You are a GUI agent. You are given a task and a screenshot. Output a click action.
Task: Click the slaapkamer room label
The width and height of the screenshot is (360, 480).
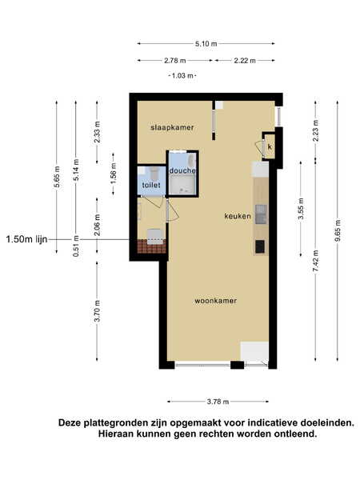point(172,127)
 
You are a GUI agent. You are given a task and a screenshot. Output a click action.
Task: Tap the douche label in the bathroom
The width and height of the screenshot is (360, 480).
point(182,170)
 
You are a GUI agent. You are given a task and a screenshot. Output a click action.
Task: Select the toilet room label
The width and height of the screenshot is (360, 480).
point(151,185)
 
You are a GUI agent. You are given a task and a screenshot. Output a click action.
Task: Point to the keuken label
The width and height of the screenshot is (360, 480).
point(238,216)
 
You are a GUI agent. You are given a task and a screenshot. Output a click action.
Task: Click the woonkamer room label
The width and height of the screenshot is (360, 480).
point(215,301)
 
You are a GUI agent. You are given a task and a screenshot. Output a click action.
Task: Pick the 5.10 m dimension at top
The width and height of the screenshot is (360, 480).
point(206,44)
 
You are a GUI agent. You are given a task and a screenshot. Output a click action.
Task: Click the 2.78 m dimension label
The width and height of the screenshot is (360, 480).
point(174,61)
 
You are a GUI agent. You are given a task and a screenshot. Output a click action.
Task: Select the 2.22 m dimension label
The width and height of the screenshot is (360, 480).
point(245,61)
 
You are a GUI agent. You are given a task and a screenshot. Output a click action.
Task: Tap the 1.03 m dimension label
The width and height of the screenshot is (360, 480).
point(182,75)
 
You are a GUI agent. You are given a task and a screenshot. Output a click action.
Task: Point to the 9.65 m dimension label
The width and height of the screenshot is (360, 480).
point(338,230)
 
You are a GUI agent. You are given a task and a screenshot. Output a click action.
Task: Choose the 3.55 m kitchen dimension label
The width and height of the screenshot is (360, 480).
point(301,209)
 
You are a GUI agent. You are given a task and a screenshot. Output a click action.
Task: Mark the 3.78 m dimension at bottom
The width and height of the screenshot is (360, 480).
point(218,402)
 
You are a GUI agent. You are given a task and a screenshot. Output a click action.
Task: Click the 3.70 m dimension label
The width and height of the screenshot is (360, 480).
point(98,311)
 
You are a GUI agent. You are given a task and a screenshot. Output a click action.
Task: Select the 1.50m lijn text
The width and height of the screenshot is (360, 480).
point(26,239)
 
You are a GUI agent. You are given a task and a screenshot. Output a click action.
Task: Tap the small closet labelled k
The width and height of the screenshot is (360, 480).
point(270,146)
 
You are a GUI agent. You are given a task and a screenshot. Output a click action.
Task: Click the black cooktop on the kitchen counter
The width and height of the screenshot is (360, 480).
point(260,246)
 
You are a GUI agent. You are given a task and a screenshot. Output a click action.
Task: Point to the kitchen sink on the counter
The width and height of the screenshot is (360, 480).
point(261,214)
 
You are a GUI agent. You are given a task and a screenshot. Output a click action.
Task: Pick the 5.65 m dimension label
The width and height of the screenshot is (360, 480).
point(57,177)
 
